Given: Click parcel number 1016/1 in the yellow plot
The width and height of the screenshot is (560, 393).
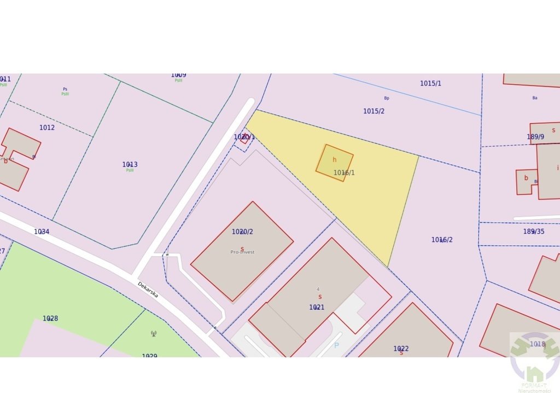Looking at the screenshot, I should pos(344,172).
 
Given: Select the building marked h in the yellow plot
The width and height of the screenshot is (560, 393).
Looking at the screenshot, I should pos(334,163).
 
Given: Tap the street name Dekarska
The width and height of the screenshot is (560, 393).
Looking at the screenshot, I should pos(148,290).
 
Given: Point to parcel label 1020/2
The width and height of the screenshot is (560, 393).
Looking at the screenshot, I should pos(242,232).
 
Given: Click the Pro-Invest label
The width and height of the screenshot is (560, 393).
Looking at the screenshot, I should pos(242,252).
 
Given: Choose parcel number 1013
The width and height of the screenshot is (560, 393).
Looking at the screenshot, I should pos(130,164).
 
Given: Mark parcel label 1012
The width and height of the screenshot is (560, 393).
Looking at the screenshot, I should pos(47,128).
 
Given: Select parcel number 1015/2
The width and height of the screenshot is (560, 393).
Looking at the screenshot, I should pos(374,111).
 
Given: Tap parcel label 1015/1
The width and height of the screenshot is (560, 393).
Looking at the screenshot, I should pos(430,83).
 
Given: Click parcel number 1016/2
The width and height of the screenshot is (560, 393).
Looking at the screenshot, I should pos(442,240).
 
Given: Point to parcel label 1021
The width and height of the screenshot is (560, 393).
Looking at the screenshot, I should pos(317,307).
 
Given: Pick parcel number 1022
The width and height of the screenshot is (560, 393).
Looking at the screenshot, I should pos(401,349).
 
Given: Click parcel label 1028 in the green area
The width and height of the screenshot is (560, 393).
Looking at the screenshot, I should pos(50,319).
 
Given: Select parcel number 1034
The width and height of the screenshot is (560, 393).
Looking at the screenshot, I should pos(42,232).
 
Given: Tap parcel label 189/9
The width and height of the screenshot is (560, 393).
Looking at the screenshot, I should pos(535,137).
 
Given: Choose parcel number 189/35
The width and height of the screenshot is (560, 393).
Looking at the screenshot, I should pos(534,232).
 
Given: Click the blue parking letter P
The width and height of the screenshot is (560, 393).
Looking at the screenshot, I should pos(336,345).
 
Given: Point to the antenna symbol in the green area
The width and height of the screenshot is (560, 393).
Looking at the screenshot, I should pos(153,333).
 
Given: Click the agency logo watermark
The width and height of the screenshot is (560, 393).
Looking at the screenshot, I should pos(534,359).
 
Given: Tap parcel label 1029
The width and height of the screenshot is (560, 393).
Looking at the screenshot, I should pos(149,356).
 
